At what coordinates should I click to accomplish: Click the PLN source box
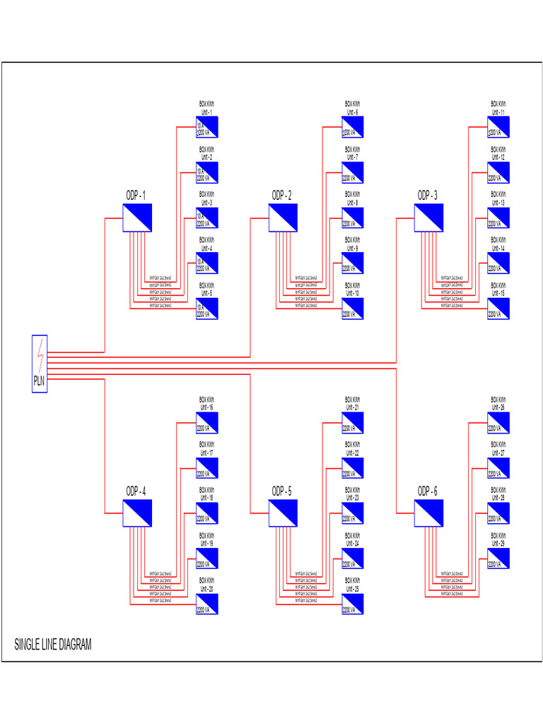40,364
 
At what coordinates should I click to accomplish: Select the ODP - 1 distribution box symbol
137,217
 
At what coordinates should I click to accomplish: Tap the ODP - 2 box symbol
283,217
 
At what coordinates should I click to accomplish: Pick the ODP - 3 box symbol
428,217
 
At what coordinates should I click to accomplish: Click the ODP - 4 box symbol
137,513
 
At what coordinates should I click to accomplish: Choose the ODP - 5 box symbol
283,513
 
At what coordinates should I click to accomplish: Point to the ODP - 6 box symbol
428,513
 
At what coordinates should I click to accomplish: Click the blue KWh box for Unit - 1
207,127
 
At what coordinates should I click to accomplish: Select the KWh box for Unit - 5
207,309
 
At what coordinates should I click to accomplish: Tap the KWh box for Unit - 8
353,218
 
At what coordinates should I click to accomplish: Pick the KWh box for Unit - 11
498,127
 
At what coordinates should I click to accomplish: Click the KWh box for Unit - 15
498,309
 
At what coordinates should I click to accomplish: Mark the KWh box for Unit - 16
207,423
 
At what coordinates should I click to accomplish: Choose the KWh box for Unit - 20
207,604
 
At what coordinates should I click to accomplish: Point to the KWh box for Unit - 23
353,514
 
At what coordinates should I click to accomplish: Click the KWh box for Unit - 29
498,558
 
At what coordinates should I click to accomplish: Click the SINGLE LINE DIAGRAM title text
53,645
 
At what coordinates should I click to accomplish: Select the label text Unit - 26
498,407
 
